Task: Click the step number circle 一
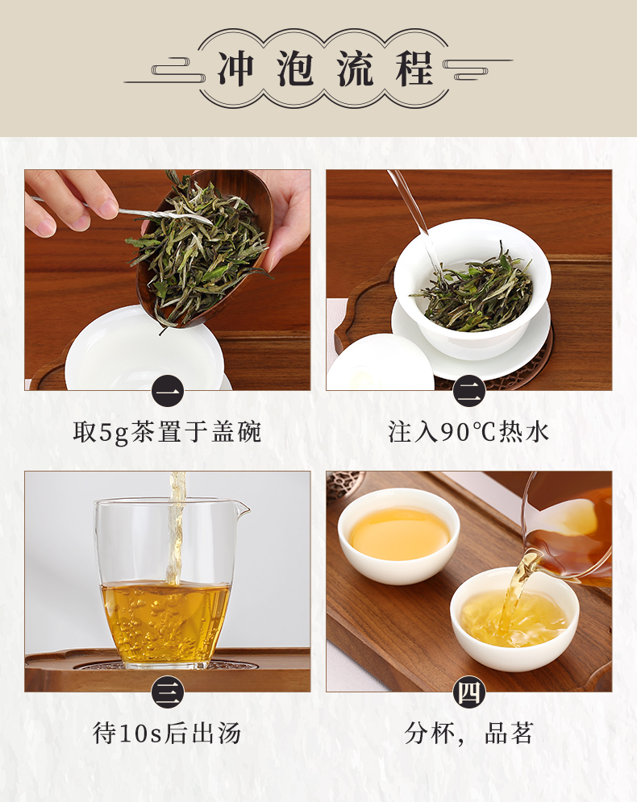coord(167,391)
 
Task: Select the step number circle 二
coord(468,391)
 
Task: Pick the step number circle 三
coord(167,692)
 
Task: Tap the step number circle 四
coord(468,692)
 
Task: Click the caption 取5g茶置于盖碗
coord(167,432)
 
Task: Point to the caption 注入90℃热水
coord(468,432)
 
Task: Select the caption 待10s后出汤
coord(167,733)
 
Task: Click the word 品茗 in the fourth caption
coord(509,733)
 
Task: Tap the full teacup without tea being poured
coord(398,535)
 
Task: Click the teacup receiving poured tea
coord(514,619)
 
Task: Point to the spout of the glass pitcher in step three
coord(242,508)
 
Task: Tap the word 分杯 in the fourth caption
coord(429,733)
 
